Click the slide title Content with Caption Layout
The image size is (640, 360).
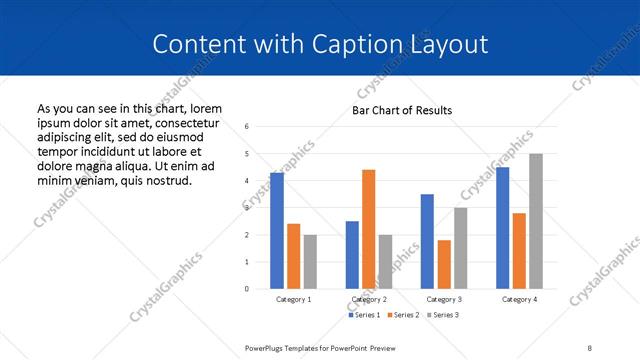click(320, 44)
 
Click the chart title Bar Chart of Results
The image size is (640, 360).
click(402, 110)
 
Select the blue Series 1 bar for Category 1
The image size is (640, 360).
click(277, 230)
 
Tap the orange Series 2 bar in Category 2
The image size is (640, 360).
click(368, 229)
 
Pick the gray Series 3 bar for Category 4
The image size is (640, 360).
click(536, 221)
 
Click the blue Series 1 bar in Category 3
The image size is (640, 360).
click(427, 241)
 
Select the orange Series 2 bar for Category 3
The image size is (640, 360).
click(444, 264)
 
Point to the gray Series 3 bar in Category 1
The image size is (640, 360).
click(310, 261)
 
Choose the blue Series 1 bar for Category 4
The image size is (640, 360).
click(503, 227)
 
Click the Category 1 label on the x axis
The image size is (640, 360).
click(293, 299)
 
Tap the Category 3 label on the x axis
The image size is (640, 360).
click(443, 299)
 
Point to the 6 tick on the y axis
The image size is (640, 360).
click(247, 127)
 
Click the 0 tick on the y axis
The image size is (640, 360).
click(247, 289)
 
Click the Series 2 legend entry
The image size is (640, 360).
click(404, 315)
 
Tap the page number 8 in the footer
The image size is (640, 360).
click(590, 347)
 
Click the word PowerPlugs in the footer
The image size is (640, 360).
click(266, 347)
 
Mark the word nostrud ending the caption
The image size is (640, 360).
click(165, 180)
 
